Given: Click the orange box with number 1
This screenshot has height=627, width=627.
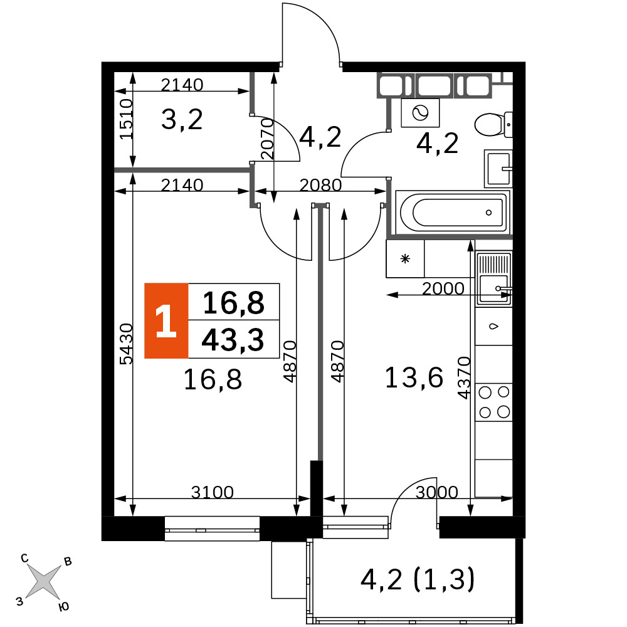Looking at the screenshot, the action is click(x=166, y=320).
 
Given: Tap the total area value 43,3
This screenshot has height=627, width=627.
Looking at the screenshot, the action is click(x=233, y=340).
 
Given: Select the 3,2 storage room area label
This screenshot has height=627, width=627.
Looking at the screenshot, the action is click(x=182, y=119).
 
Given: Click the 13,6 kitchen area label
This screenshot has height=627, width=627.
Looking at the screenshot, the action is click(x=414, y=377).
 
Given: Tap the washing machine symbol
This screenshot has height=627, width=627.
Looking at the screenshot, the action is click(x=420, y=113).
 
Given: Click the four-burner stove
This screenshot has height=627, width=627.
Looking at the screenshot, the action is click(x=494, y=402).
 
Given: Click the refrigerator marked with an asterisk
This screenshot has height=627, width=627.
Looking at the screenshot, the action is click(x=405, y=259).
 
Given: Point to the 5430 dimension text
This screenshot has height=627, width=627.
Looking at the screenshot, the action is click(x=127, y=344).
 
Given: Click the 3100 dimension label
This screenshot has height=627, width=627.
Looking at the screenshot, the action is click(x=213, y=492).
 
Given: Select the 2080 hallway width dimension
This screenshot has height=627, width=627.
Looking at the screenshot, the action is click(x=320, y=185).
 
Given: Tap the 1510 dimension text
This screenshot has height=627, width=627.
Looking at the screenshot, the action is click(x=127, y=119).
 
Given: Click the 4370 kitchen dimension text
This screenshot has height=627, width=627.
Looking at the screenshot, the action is click(x=464, y=378).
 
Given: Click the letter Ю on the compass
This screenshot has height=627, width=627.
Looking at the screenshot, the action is click(x=63, y=607).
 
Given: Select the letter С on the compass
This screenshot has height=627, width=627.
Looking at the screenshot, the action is click(x=25, y=558).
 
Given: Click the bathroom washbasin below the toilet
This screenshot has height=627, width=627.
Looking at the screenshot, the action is click(x=498, y=169).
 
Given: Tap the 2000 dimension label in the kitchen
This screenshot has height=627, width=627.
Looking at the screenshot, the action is click(x=443, y=288).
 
